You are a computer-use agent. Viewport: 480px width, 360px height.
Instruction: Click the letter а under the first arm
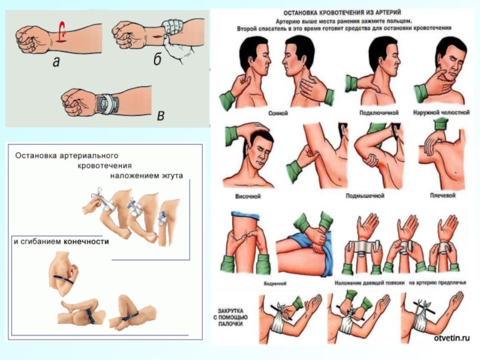coord(56,61)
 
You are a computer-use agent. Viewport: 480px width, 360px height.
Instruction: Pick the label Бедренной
coord(249,280)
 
